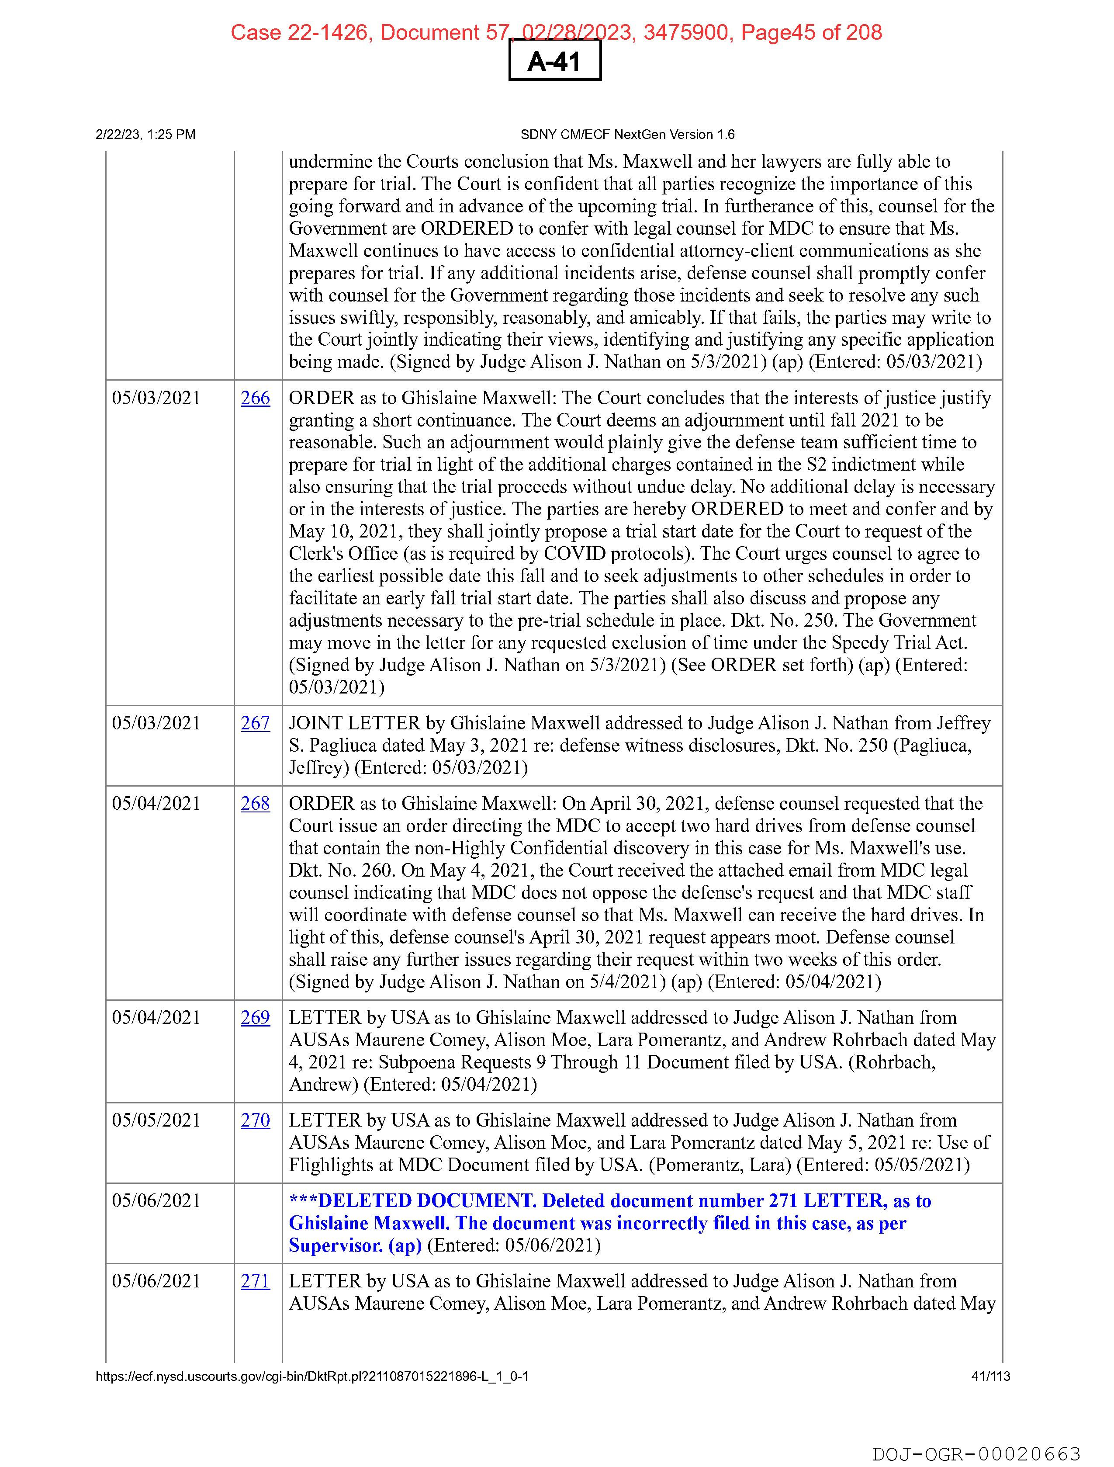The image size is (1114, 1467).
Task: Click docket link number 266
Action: [x=255, y=398]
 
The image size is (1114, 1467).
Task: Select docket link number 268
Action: [x=255, y=803]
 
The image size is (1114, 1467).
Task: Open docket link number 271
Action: [x=255, y=1281]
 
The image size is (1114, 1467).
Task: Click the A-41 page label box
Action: [x=554, y=62]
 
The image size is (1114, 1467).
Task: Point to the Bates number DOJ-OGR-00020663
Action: [x=976, y=1454]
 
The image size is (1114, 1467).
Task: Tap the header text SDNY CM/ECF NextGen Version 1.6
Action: [x=627, y=135]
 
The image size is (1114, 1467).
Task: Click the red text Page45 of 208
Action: [x=811, y=32]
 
